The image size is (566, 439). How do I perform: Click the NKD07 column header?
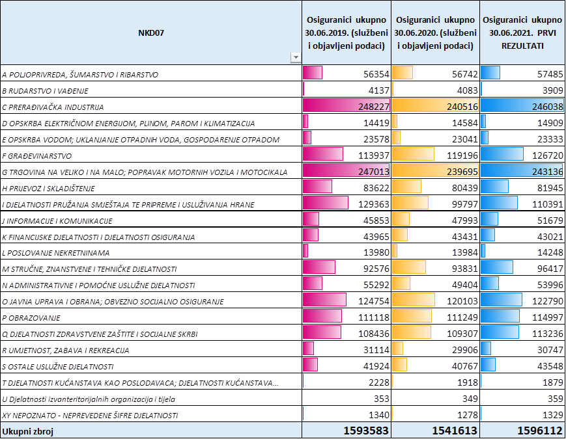[x=151, y=33]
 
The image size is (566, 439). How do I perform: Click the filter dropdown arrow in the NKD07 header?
[x=296, y=57]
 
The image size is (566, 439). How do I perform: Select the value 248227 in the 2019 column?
[x=374, y=107]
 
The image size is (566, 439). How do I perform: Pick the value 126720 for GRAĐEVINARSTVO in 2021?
[x=547, y=155]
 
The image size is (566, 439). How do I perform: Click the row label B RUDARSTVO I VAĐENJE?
[x=45, y=91]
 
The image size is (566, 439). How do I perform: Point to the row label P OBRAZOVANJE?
[x=31, y=318]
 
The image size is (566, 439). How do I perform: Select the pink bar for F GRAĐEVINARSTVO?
[x=322, y=154]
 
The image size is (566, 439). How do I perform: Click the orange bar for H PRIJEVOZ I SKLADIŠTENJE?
[x=406, y=187]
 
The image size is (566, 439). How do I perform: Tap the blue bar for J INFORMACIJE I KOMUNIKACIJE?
[x=489, y=219]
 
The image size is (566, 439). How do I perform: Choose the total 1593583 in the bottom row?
[x=366, y=431]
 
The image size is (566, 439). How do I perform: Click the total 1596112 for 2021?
[x=540, y=431]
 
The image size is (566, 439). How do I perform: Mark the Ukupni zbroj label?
[x=28, y=431]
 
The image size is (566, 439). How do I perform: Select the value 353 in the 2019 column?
[x=382, y=399]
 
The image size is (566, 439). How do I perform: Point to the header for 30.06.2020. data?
[x=435, y=33]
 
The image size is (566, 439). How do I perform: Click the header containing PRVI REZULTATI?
[x=522, y=33]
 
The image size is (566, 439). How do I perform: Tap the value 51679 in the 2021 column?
[x=550, y=220]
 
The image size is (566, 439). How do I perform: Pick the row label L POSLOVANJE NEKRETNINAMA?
[x=55, y=253]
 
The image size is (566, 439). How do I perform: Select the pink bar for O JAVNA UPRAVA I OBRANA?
[x=324, y=300]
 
